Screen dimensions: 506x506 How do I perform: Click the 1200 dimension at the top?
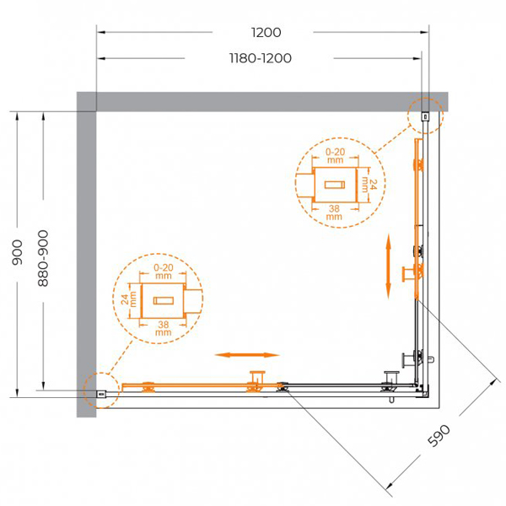[266, 32]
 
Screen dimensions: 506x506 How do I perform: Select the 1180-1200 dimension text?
[261, 58]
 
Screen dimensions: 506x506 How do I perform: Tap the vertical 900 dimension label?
[18, 252]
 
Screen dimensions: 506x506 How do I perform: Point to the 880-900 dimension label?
[43, 258]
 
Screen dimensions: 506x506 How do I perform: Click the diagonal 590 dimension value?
[439, 436]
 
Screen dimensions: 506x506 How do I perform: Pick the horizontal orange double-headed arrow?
[247, 355]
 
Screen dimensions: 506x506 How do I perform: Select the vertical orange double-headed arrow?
[388, 266]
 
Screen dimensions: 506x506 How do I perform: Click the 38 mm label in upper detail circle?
[334, 212]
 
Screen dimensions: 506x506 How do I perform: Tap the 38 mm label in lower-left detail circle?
[164, 328]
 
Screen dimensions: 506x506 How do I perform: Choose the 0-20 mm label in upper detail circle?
[336, 155]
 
